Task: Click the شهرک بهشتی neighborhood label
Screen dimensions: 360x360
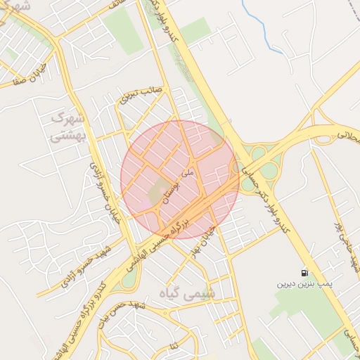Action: pos(67,127)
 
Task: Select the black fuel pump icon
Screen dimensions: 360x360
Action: pos(304,273)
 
